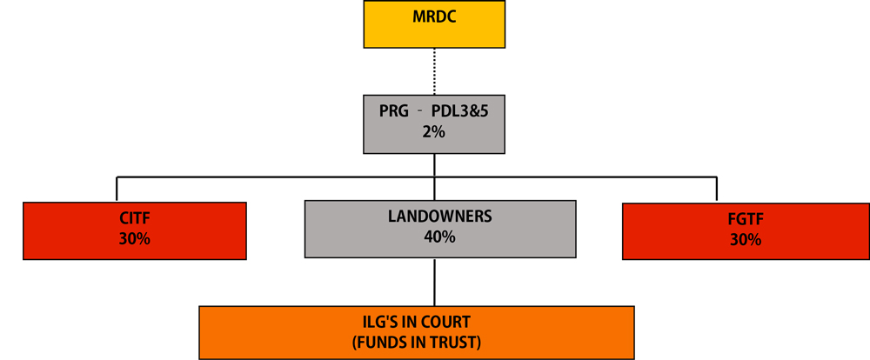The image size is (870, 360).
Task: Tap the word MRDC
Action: (x=434, y=17)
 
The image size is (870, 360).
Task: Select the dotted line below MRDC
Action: (x=434, y=69)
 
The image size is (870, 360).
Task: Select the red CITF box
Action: (x=135, y=231)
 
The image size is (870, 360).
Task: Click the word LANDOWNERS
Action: (x=439, y=217)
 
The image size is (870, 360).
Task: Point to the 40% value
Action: (x=439, y=237)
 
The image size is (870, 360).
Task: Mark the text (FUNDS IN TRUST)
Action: (x=417, y=341)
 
